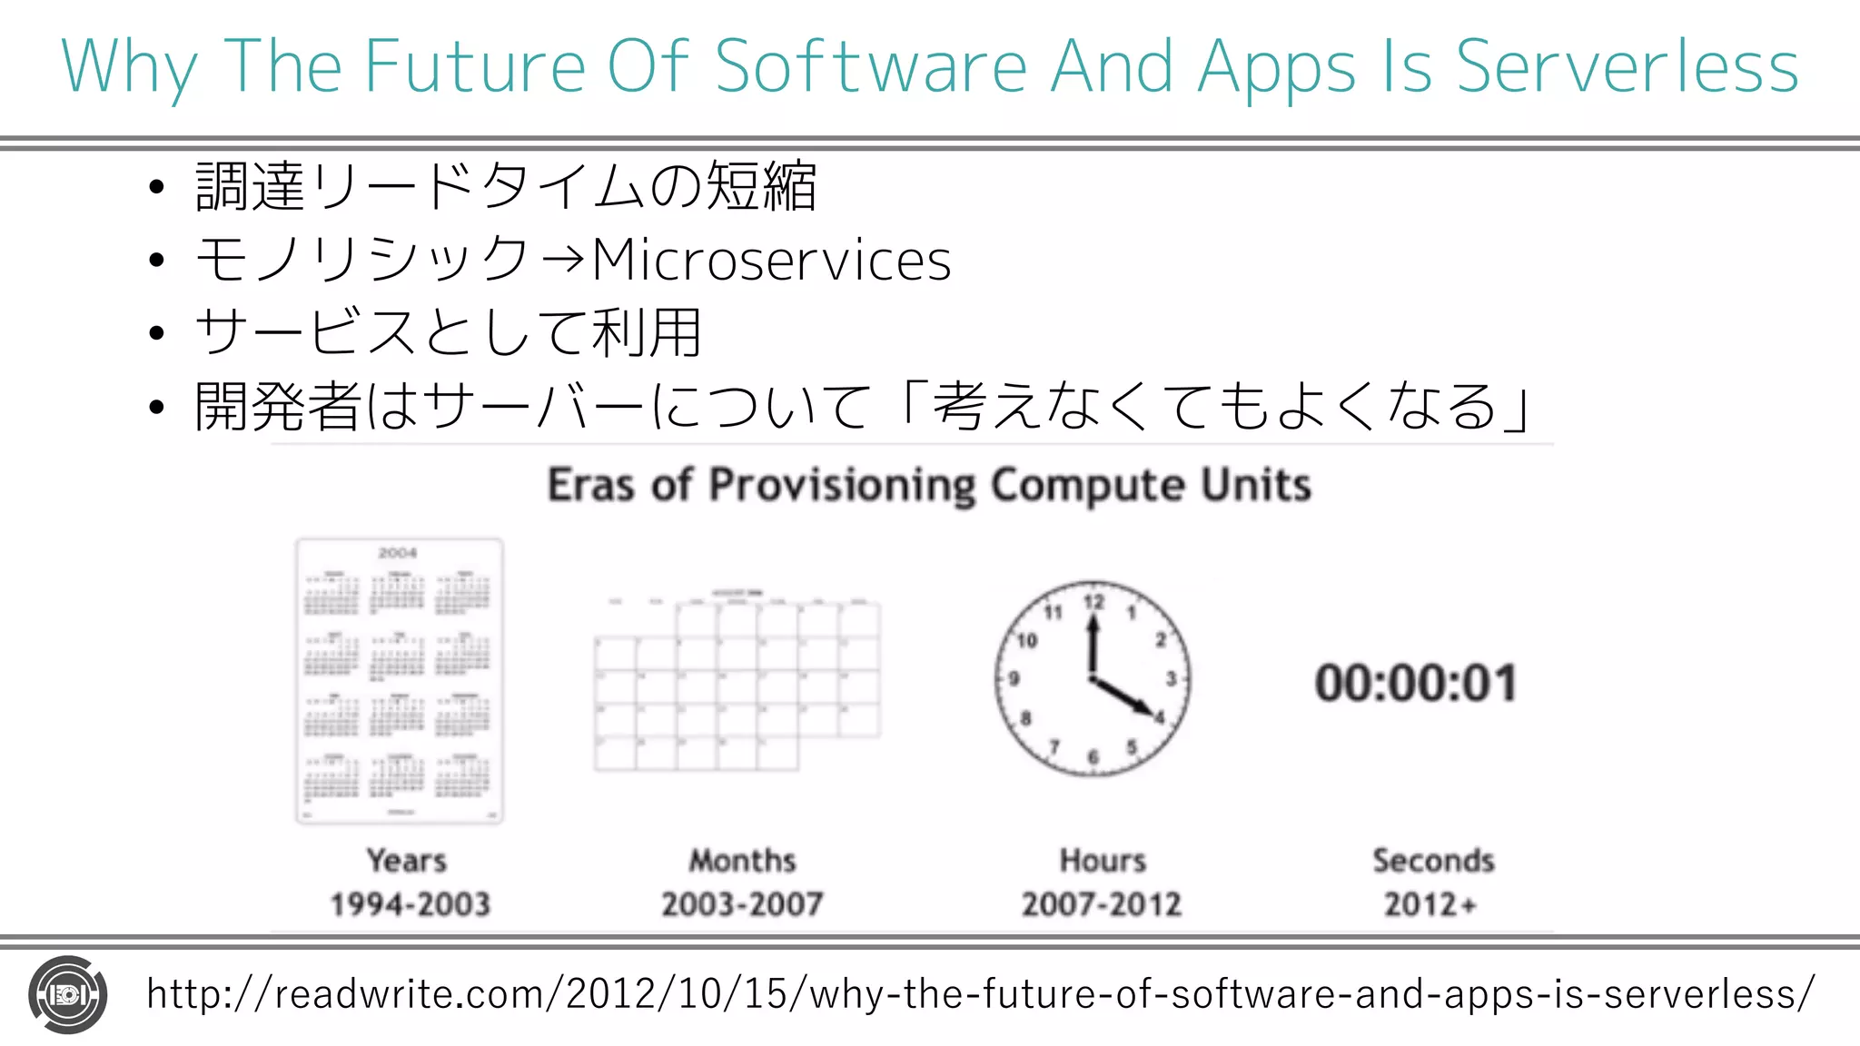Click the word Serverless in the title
point(1627,66)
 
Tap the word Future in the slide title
point(475,66)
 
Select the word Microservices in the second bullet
point(771,261)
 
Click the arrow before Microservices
point(561,261)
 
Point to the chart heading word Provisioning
point(841,485)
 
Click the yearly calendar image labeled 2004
point(400,681)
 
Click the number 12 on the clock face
point(1093,602)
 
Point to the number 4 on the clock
point(1159,717)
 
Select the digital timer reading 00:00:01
point(1416,683)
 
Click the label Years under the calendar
point(406,860)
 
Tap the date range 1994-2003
point(410,904)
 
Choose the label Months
point(742,860)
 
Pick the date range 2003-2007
point(742,904)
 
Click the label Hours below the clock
point(1103,860)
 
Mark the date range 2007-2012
point(1102,904)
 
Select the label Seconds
point(1433,860)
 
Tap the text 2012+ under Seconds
point(1430,904)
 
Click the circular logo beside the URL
point(68,995)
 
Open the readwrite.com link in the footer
point(981,994)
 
